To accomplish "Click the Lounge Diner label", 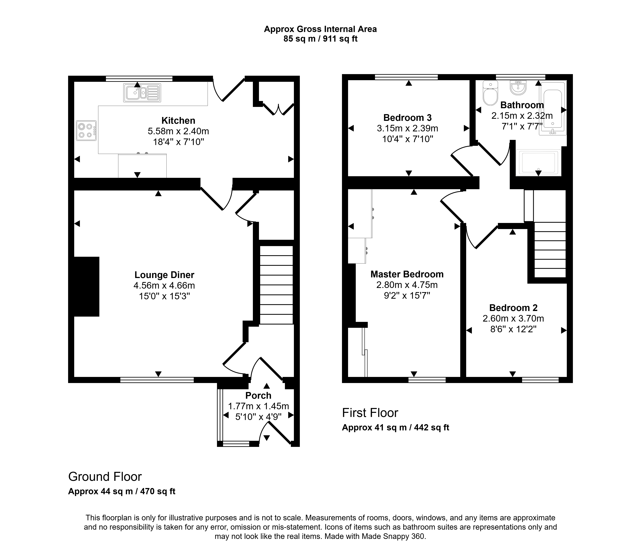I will click(x=164, y=275).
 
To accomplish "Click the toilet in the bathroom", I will click(x=490, y=94).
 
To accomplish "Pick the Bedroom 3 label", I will click(x=407, y=118).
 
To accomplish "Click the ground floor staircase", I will click(x=276, y=285).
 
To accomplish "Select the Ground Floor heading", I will click(x=105, y=477).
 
